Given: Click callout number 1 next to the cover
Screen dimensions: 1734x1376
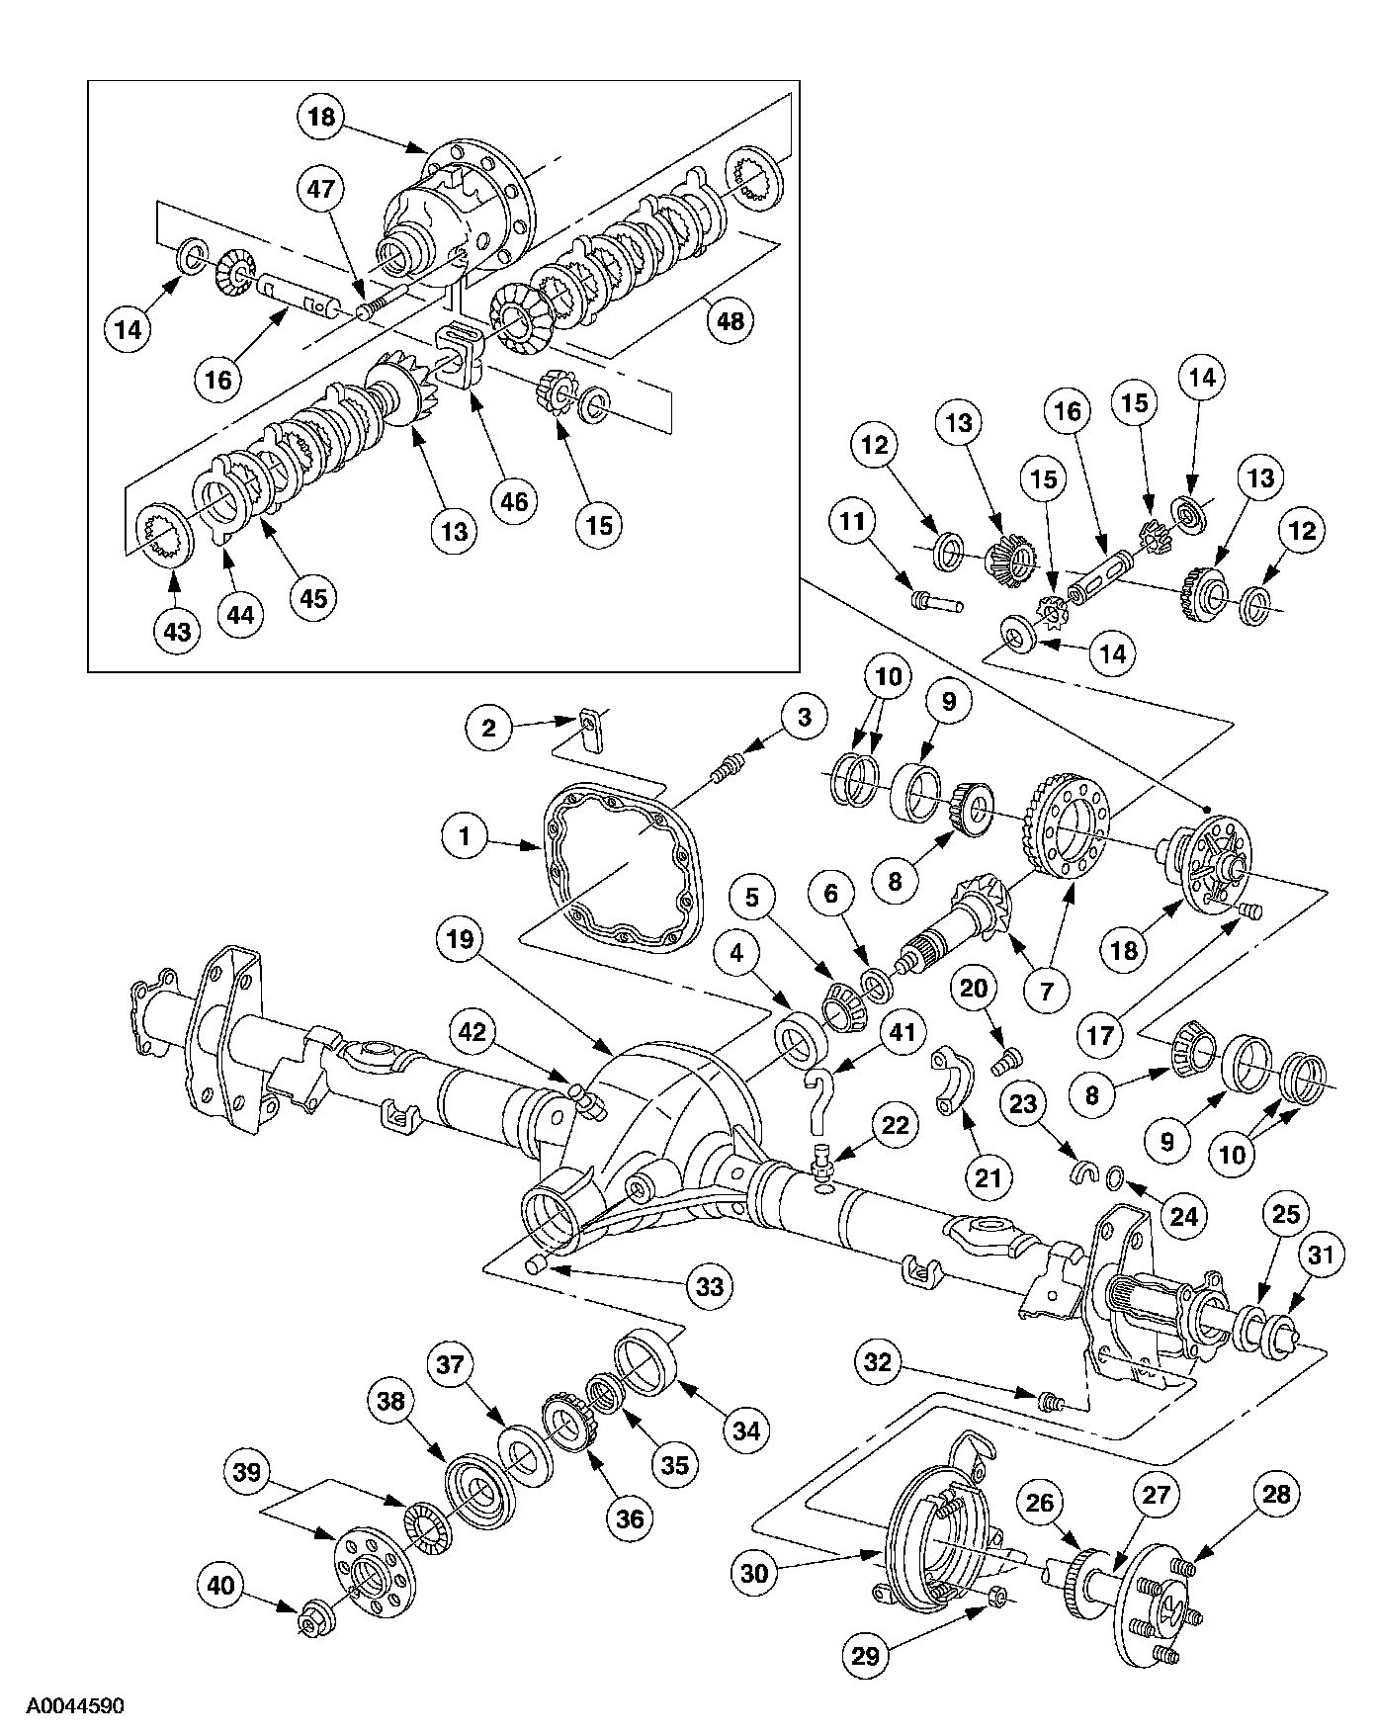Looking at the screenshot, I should (465, 838).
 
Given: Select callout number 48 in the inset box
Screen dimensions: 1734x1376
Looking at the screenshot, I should (732, 321).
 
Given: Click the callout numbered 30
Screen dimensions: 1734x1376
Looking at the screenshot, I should (754, 1574).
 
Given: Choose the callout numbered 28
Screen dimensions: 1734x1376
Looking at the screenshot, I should (1277, 1494).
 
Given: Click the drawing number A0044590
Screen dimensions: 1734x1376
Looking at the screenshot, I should (75, 1705).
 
